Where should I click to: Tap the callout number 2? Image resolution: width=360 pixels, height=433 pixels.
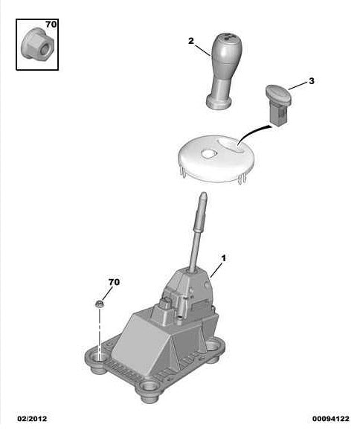[191, 41]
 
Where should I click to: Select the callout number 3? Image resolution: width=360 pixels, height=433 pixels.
[312, 81]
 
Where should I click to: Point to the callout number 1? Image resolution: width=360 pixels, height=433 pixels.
[223, 258]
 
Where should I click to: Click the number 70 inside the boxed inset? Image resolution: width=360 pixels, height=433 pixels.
[51, 25]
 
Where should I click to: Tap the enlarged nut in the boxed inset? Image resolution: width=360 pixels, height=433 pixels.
[37, 44]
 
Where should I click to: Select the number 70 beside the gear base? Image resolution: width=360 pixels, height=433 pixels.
[114, 282]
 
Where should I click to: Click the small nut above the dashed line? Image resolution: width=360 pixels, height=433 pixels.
[99, 304]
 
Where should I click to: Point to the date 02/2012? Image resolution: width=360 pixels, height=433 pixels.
[32, 419]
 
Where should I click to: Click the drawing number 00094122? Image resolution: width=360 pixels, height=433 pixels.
[331, 419]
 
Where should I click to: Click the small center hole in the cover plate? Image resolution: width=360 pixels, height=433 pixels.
[208, 154]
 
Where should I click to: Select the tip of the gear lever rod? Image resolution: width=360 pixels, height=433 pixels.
[204, 193]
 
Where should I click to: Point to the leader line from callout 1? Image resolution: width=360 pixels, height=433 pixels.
[216, 270]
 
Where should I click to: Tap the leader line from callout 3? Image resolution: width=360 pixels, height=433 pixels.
[298, 86]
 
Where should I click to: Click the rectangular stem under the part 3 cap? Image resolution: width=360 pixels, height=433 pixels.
[279, 114]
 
